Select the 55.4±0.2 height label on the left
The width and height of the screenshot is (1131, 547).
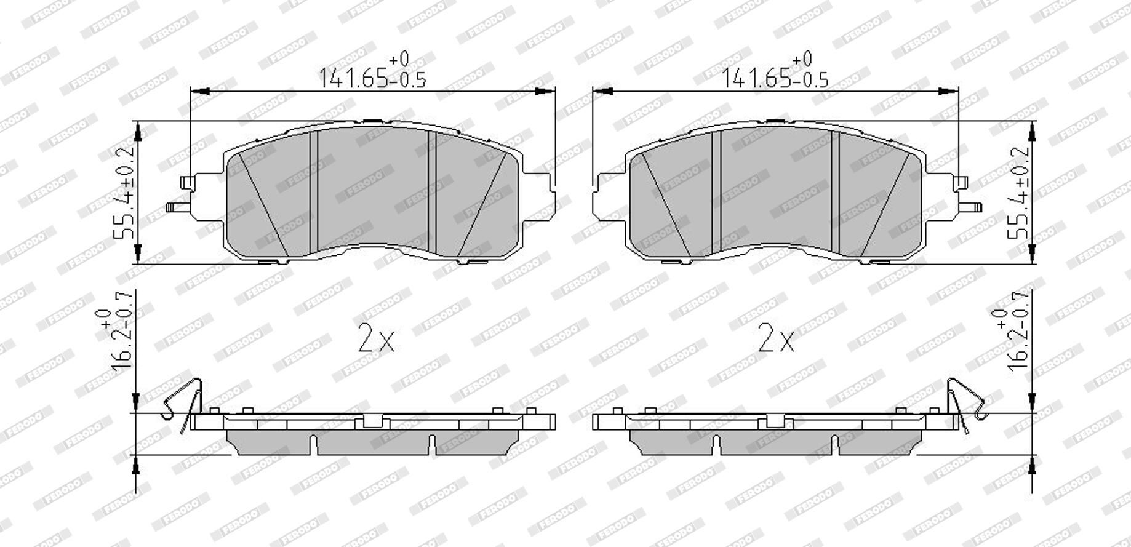124,193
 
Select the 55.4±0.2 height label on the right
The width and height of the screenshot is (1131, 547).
1018,193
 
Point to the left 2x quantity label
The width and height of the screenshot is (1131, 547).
376,339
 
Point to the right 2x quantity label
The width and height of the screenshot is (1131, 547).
777,339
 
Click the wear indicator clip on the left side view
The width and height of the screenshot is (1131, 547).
184,403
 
